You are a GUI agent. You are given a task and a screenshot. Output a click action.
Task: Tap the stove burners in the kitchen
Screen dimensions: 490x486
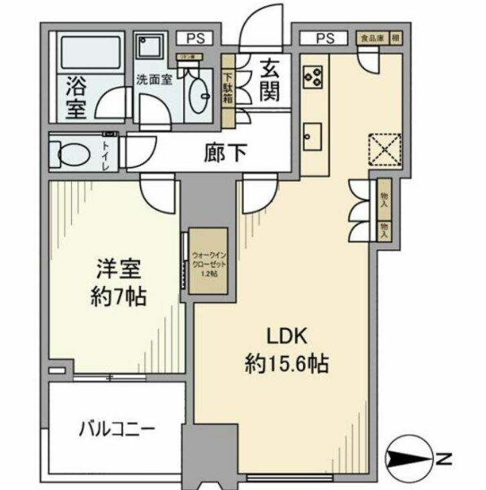312,75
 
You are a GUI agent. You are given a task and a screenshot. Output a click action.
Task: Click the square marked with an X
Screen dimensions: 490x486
384,148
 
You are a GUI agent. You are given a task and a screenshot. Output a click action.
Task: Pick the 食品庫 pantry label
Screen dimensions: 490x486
370,38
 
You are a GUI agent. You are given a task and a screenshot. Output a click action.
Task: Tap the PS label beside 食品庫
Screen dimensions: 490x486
325,38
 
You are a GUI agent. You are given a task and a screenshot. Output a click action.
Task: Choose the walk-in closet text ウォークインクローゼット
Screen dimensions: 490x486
209,260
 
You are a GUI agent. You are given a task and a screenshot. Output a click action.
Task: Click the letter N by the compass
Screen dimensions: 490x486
443,460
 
